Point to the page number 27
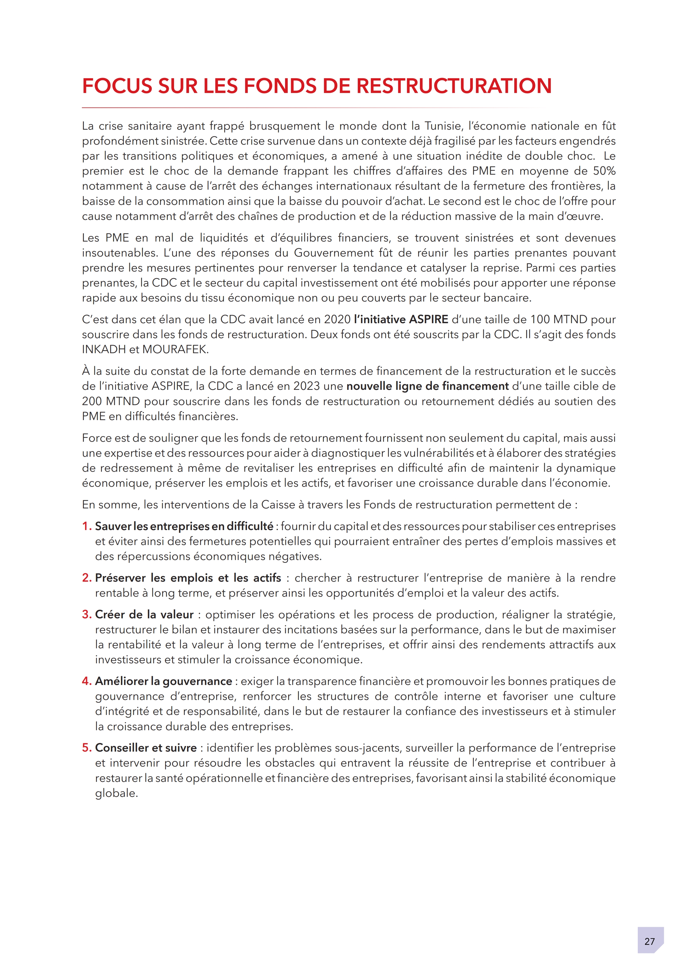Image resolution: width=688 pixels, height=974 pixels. [649, 941]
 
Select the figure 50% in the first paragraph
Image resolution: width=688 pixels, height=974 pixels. [604, 171]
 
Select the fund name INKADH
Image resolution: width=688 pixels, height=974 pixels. [104, 350]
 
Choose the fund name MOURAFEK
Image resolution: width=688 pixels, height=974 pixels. [174, 350]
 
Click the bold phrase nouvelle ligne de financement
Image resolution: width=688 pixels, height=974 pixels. [427, 386]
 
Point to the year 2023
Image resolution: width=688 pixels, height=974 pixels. [306, 386]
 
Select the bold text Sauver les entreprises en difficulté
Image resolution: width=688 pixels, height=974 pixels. [184, 526]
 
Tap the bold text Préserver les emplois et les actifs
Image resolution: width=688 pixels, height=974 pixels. [188, 578]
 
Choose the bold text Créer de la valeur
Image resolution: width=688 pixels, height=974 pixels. [144, 615]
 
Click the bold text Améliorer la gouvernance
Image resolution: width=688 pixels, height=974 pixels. [163, 681]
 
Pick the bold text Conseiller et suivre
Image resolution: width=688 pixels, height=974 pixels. [146, 748]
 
